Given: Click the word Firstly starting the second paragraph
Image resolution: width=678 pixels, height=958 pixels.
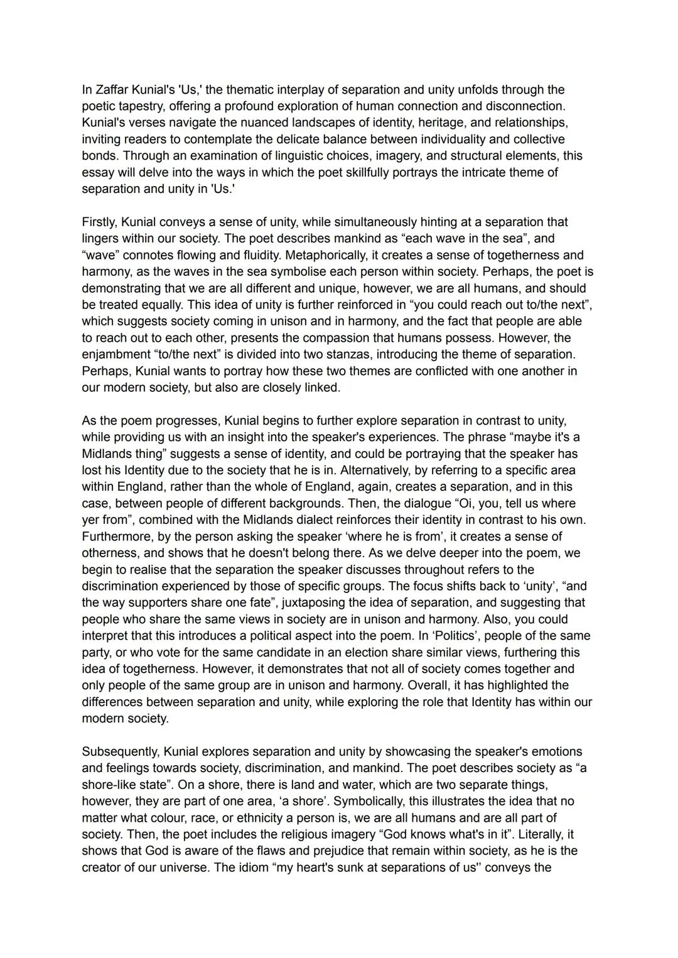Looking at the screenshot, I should (x=99, y=222).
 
